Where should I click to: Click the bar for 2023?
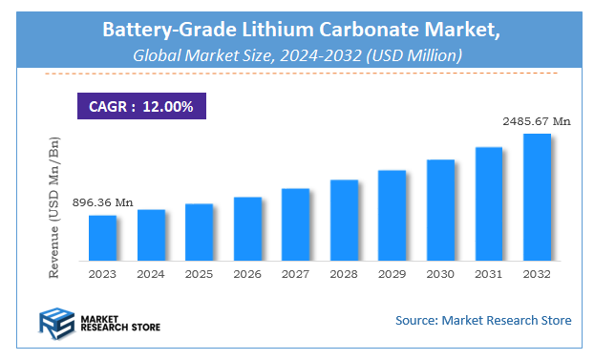point(102,237)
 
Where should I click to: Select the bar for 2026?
point(247,228)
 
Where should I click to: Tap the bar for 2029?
point(392,215)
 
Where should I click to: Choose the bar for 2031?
point(488,202)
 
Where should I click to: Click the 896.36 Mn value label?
point(102,202)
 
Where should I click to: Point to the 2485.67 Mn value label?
point(537,121)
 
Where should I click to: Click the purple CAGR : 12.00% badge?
point(141,106)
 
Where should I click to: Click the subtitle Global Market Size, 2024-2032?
point(297,55)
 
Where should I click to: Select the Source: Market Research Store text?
point(483,320)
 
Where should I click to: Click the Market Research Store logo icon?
point(56,323)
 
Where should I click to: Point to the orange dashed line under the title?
point(297,74)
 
